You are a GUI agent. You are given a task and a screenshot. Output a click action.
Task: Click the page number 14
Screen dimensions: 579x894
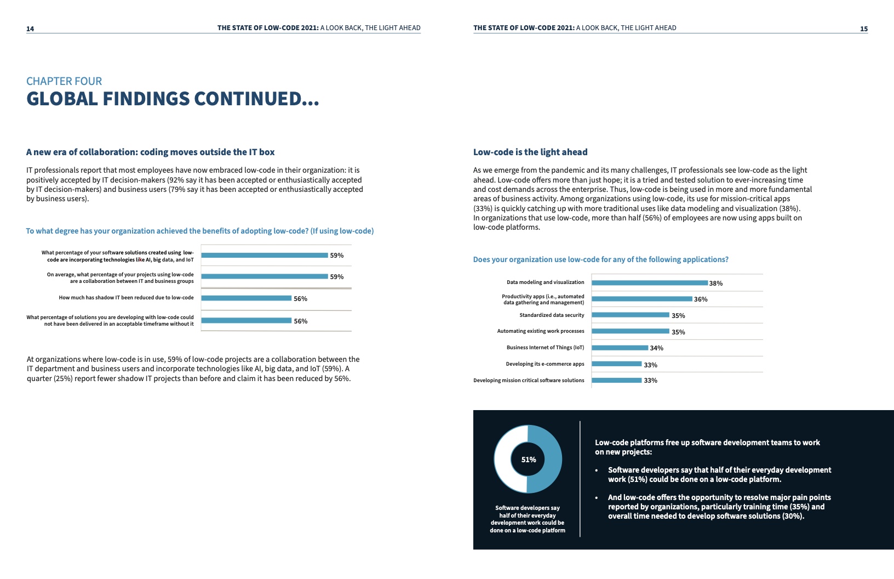[x=30, y=29]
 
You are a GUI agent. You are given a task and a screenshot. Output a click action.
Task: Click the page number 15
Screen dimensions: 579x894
[x=863, y=29]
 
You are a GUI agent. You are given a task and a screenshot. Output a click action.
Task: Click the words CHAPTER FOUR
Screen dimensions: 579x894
[x=64, y=81]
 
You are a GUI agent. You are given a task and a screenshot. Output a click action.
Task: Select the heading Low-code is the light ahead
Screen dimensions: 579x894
[x=530, y=152]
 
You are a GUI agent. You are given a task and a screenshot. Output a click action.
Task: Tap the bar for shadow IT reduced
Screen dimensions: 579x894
[x=246, y=298]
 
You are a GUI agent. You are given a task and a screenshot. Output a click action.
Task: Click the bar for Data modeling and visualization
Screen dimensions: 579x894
[x=649, y=283]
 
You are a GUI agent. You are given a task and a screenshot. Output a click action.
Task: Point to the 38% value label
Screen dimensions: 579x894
[x=715, y=283]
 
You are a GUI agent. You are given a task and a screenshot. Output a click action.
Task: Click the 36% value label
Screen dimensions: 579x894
[x=701, y=299]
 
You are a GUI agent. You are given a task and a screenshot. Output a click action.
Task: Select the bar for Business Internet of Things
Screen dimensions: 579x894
[x=620, y=348]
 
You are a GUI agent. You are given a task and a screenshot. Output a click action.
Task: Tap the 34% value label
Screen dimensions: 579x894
[x=656, y=348]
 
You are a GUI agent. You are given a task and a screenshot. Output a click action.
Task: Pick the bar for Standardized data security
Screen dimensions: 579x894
[x=630, y=315]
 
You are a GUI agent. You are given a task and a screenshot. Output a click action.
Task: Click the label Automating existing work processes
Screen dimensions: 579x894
[x=540, y=331]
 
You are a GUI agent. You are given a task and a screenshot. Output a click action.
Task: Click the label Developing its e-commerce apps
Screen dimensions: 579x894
[x=545, y=364]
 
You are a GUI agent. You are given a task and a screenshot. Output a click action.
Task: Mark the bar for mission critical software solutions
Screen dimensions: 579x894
[x=616, y=380]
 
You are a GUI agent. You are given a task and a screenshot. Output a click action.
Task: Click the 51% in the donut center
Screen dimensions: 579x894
[x=528, y=459]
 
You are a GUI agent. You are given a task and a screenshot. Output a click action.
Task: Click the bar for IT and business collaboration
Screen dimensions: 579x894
[x=264, y=276]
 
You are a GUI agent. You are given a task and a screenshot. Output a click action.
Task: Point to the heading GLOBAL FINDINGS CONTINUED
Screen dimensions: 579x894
[x=173, y=99]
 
